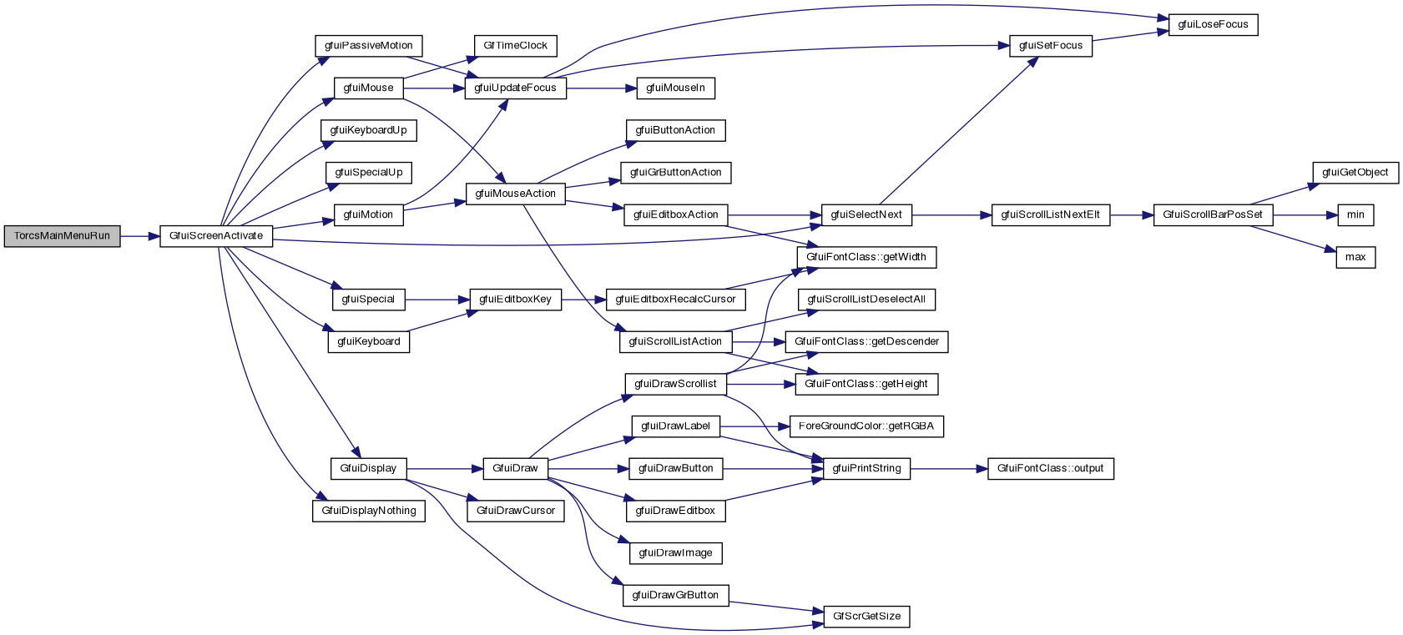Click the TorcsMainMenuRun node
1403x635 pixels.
click(62, 236)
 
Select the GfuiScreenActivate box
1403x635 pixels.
click(216, 236)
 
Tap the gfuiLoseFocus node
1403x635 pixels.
click(1213, 25)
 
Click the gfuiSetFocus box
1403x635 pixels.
click(1051, 46)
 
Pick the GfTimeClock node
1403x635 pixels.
click(515, 46)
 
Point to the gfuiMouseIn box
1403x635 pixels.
click(675, 88)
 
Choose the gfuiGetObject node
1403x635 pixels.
click(1355, 173)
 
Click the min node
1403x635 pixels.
click(1355, 214)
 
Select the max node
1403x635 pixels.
click(1355, 257)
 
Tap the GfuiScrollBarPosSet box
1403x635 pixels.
click(1213, 214)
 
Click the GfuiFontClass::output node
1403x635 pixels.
click(1050, 468)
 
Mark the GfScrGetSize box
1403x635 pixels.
click(866, 616)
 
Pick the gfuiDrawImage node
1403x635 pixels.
click(675, 552)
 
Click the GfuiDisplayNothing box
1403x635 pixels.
click(369, 511)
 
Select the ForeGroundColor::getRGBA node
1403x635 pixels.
click(866, 426)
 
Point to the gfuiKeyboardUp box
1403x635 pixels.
click(368, 130)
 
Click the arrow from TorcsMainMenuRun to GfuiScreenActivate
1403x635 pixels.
click(139, 236)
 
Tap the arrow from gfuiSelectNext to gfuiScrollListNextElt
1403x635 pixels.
click(951, 214)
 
